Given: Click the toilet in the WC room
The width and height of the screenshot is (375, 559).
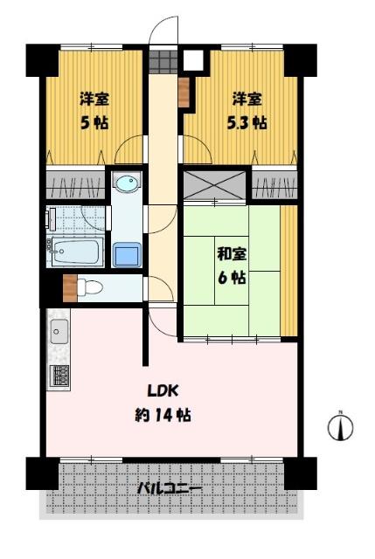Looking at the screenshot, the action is [90, 286].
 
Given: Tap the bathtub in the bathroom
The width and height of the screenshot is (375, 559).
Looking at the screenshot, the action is [78, 252].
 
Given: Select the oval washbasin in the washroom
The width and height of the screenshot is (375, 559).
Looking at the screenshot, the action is [127, 183].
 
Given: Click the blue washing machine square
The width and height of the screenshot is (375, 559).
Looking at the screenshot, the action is [127, 254].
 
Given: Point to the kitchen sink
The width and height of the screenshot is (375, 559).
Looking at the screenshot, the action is [59, 331].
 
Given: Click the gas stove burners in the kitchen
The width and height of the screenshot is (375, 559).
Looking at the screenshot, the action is [60, 376].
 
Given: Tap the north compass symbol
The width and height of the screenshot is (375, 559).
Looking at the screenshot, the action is [340, 426].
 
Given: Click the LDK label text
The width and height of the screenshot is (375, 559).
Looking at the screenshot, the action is [163, 390].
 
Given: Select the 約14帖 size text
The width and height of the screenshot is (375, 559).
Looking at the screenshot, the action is [163, 415].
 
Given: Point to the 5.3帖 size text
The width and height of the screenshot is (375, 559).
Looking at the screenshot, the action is [247, 123].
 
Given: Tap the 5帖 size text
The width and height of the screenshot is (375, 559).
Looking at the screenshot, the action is [94, 123].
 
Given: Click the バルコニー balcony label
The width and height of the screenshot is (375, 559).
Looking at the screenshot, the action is [170, 487].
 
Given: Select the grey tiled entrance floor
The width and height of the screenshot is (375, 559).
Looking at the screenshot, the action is [163, 61].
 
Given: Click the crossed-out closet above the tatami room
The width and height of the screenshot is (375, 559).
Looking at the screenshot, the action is [214, 184].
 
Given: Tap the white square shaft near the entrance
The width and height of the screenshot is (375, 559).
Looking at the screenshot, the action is [193, 59].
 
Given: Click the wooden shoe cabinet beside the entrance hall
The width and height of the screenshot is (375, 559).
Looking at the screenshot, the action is [184, 93].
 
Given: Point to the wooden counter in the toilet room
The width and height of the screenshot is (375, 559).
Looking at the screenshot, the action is [70, 288].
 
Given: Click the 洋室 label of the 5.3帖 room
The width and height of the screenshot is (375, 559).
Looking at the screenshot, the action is [247, 99].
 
